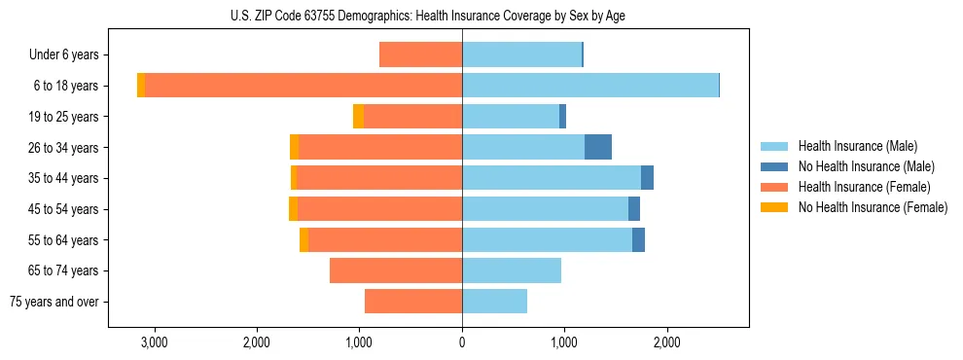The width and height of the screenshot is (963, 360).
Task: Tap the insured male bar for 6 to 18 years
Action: pyautogui.click(x=589, y=86)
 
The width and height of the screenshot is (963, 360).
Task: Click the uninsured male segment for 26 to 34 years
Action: pyautogui.click(x=598, y=147)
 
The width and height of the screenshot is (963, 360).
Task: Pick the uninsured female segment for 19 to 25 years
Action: pyautogui.click(x=358, y=117)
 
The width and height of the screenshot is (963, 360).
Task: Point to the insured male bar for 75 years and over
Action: pyautogui.click(x=494, y=302)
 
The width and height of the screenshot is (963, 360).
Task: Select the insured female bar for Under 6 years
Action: pyautogui.click(x=420, y=54)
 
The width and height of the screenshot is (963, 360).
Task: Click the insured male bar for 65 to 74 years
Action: pyautogui.click(x=511, y=270)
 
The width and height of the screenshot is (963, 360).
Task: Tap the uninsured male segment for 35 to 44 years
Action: pyautogui.click(x=647, y=178)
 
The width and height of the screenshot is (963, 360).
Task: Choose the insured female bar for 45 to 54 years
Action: pyautogui.click(x=525, y=209)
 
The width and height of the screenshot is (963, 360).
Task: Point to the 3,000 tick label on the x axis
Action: pyautogui.click(x=155, y=342)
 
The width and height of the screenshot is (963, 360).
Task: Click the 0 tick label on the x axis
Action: pyautogui.click(x=462, y=342)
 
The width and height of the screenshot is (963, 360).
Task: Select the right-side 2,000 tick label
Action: pyautogui.click(x=666, y=342)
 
